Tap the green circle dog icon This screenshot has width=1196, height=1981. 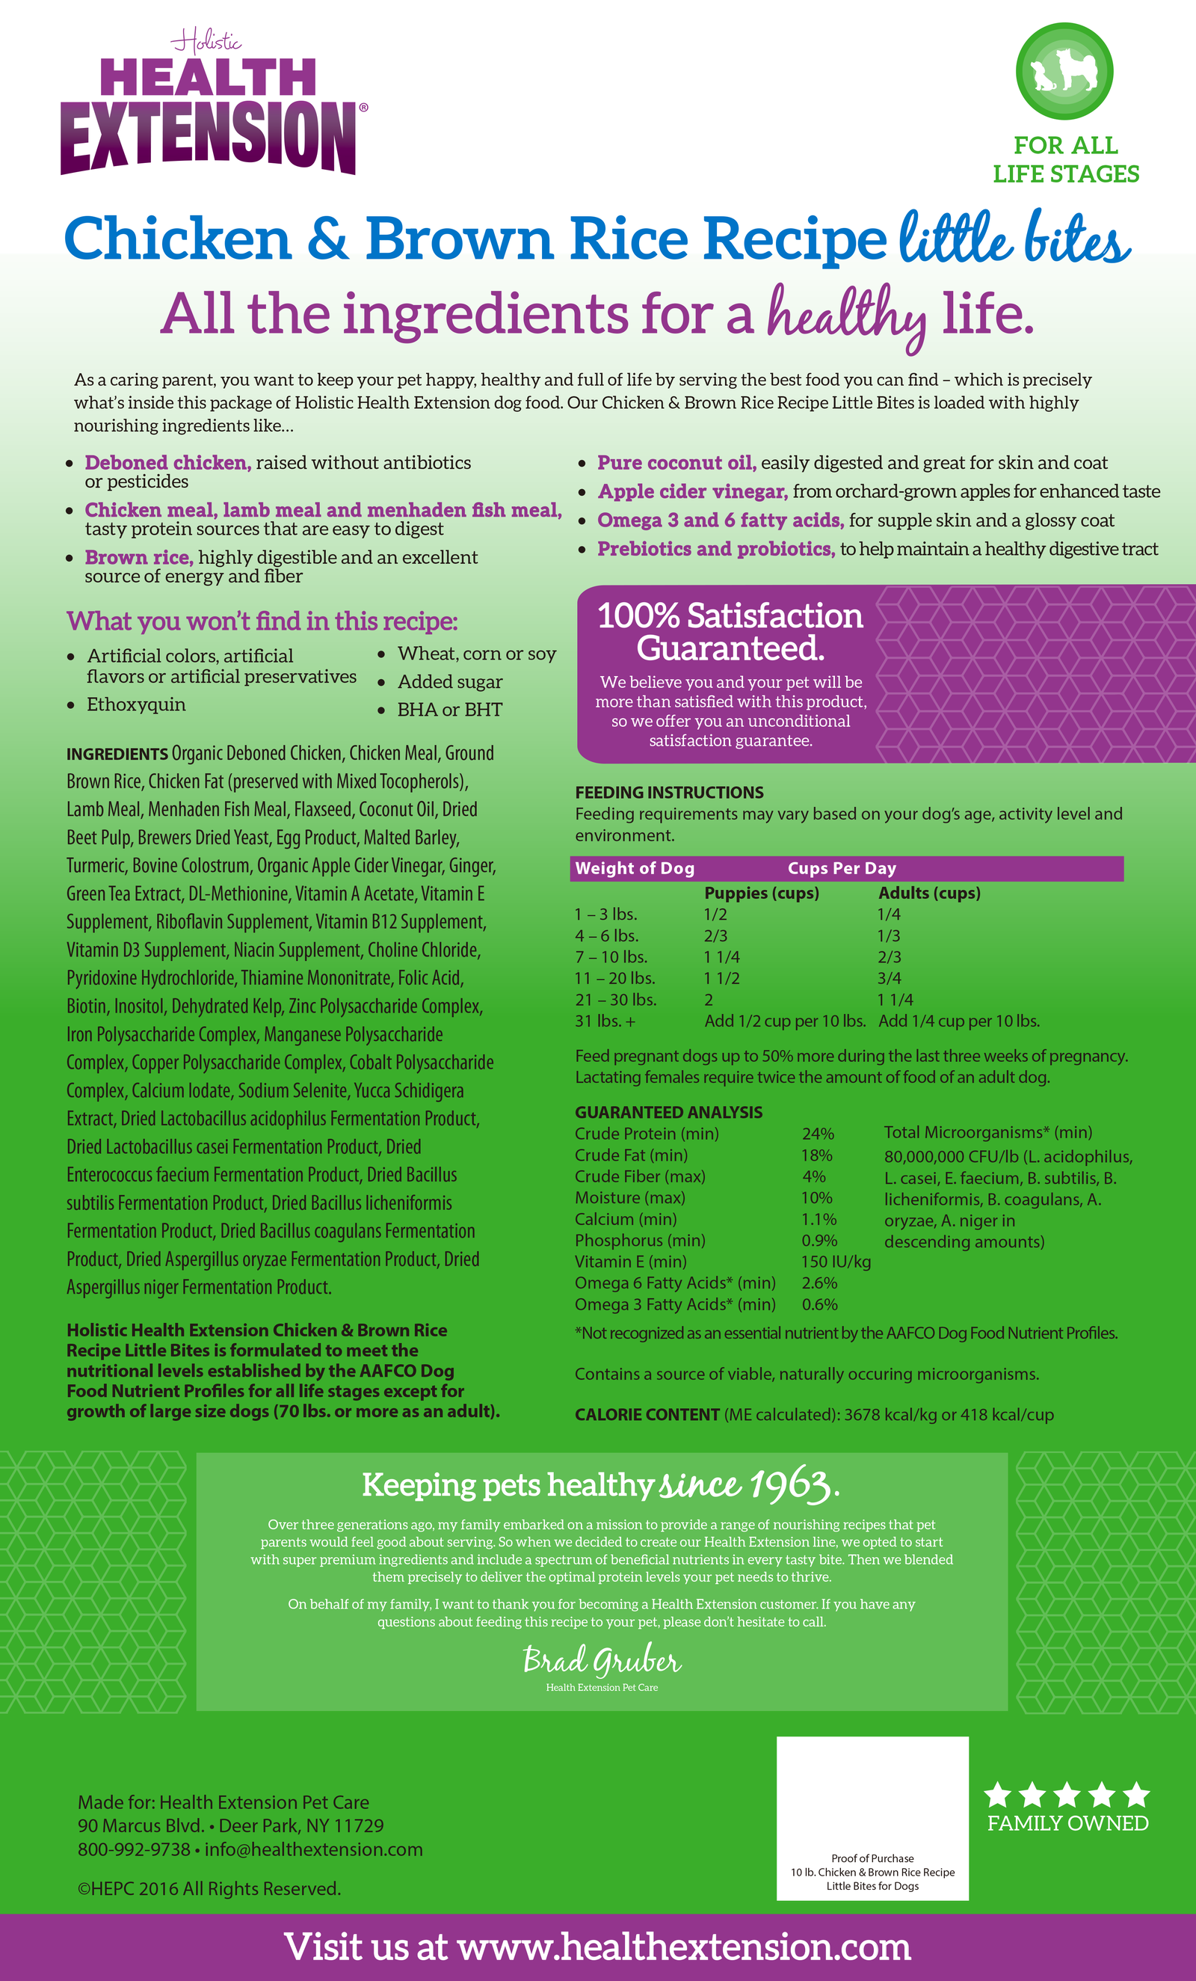pyautogui.click(x=1064, y=71)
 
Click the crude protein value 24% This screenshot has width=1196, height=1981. pyautogui.click(x=818, y=1134)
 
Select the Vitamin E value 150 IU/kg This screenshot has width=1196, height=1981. pyautogui.click(x=835, y=1262)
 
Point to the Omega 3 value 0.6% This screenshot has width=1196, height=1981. pyautogui.click(x=819, y=1304)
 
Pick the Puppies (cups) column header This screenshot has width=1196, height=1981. pyautogui.click(x=761, y=893)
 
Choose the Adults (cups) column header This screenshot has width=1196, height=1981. pyautogui.click(x=929, y=893)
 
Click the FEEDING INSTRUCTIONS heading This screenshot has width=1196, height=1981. pyautogui.click(x=669, y=792)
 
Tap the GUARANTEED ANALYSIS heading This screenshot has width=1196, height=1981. pyautogui.click(x=668, y=1112)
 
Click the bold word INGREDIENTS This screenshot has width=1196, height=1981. pyautogui.click(x=117, y=754)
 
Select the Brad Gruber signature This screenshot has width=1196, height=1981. pyautogui.click(x=601, y=1659)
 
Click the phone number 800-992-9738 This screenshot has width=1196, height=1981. pyautogui.click(x=133, y=1849)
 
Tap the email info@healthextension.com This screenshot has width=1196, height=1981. pyautogui.click(x=313, y=1849)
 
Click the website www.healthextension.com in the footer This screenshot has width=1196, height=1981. pyautogui.click(x=683, y=1947)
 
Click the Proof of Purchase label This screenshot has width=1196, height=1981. pyautogui.click(x=872, y=1858)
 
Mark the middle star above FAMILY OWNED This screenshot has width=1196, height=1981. pyautogui.click(x=1067, y=1794)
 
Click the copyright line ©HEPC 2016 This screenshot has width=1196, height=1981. pyautogui.click(x=209, y=1888)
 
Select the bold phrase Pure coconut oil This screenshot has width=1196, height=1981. pyautogui.click(x=676, y=463)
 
